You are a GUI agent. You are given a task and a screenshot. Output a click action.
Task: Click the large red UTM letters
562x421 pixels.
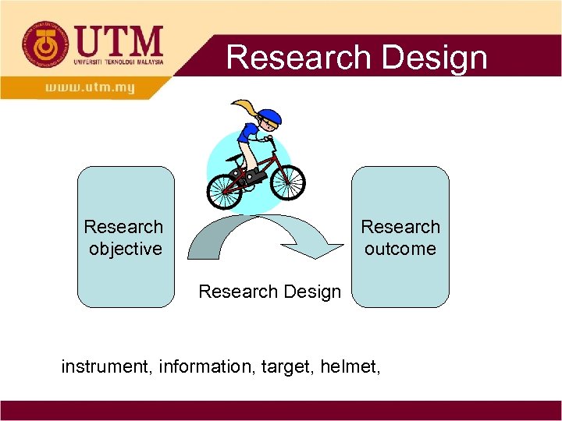tap(118, 41)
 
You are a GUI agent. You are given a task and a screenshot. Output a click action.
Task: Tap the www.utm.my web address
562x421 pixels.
tap(91, 87)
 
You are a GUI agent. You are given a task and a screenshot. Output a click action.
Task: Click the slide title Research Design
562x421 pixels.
tap(356, 58)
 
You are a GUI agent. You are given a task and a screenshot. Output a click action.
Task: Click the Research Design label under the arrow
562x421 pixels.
tap(269, 292)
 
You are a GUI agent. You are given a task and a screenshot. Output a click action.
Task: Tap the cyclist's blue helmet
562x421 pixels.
tap(269, 118)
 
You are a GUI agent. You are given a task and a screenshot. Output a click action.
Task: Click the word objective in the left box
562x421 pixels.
tap(125, 249)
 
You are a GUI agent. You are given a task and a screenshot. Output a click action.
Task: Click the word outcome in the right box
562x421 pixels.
tap(400, 249)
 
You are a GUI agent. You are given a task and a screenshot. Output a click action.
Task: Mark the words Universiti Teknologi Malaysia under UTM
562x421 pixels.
tap(119, 62)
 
